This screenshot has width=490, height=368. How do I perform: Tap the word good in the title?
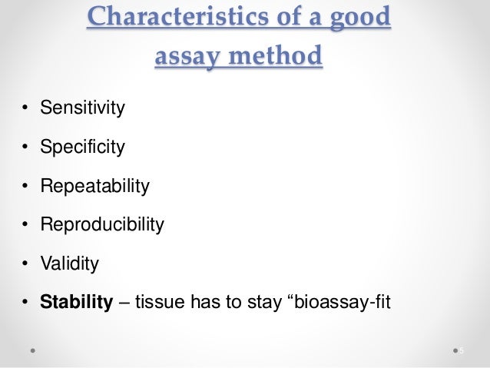tap(360, 18)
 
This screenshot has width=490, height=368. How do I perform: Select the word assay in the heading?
tap(184, 55)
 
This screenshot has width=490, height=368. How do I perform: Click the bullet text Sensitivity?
tap(82, 108)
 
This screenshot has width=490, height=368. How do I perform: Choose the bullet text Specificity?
tap(82, 147)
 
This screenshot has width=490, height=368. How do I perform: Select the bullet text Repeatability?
tap(94, 186)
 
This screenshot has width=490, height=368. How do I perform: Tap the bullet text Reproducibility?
tap(102, 225)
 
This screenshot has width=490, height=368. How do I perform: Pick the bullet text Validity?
tap(70, 264)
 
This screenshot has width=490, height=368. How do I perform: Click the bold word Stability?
tap(77, 303)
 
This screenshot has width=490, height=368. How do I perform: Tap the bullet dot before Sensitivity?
tap(25, 108)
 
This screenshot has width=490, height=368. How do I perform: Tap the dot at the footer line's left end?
tap(34, 350)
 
